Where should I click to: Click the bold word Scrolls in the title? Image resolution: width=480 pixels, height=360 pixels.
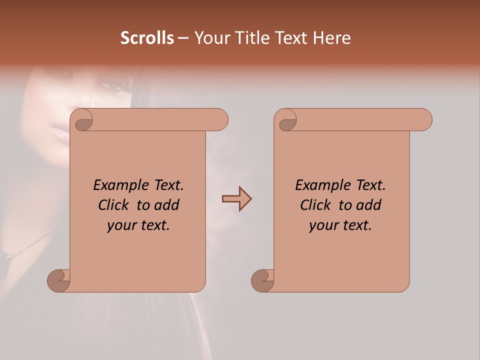(x=147, y=38)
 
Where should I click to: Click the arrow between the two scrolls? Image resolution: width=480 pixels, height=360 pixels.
(x=236, y=199)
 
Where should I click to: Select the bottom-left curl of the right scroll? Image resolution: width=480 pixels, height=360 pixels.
(x=262, y=280)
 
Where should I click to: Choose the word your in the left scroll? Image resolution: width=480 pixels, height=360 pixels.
(x=121, y=226)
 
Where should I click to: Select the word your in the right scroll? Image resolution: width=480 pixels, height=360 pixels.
(x=323, y=226)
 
